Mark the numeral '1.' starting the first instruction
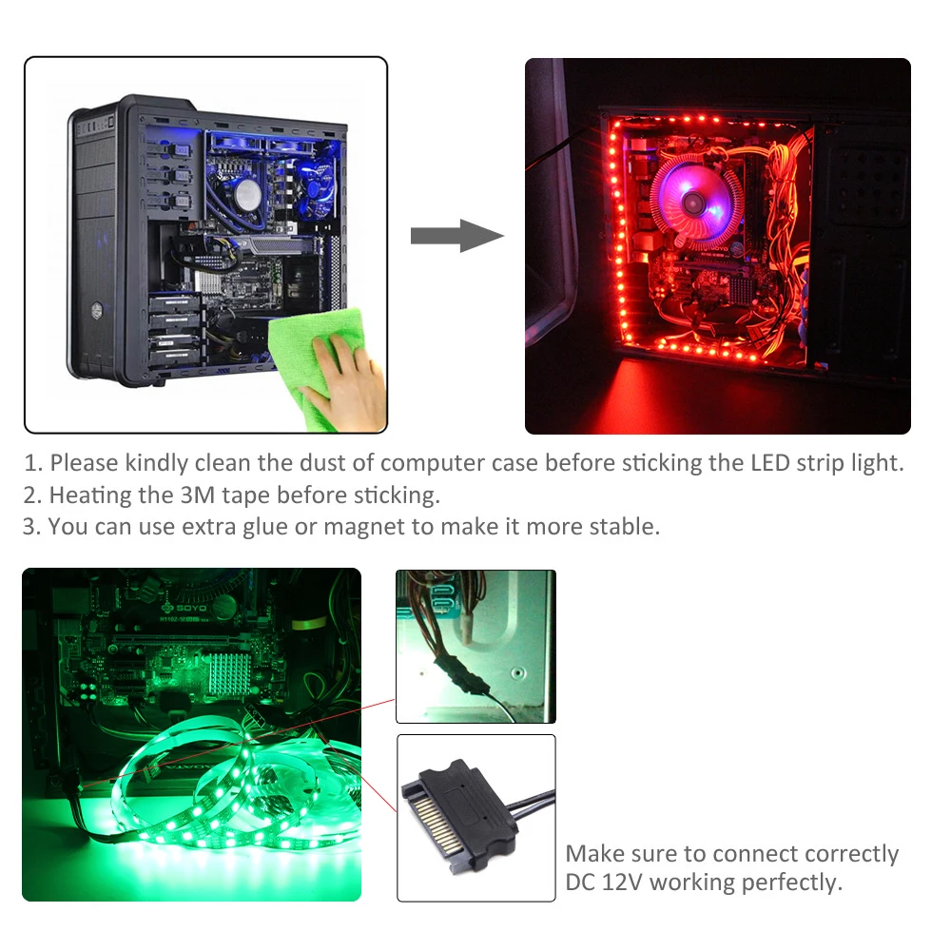[x=33, y=463]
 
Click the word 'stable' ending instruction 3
[x=628, y=526]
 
